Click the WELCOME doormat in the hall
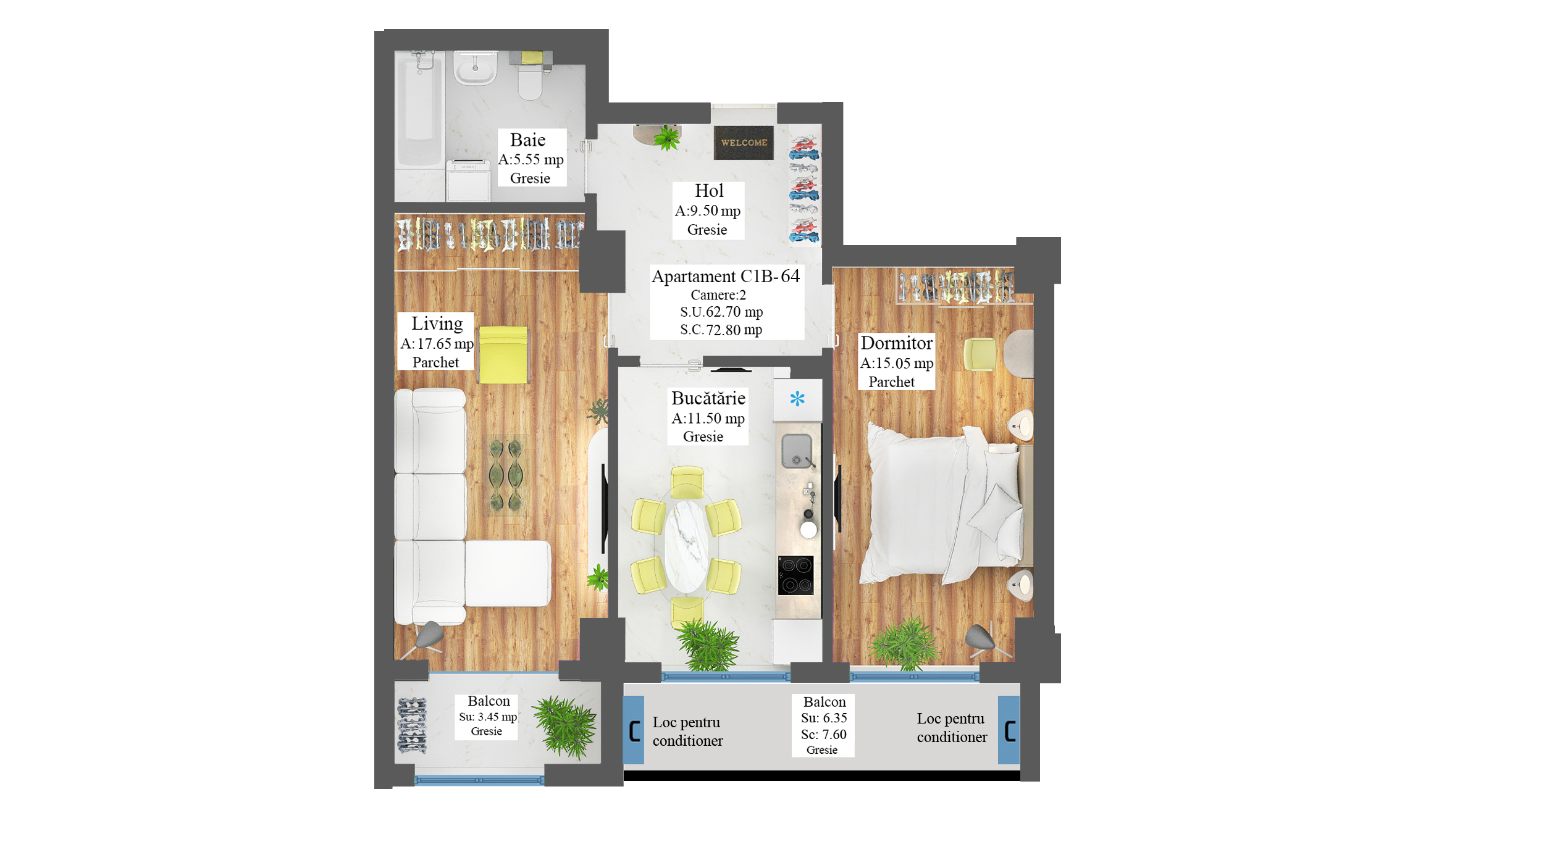pos(744,143)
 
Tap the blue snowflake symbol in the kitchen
pos(797,399)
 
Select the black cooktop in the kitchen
pos(795,575)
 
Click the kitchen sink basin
pos(797,451)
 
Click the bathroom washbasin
pos(475,67)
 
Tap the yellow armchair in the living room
pos(504,355)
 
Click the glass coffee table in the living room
pos(506,475)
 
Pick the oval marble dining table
pos(686,546)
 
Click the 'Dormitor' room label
pos(896,343)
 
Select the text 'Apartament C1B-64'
pos(726,276)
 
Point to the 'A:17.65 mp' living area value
pos(437,343)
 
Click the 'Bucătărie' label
pos(708,398)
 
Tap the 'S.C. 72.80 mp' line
pos(721,330)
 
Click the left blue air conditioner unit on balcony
pos(634,730)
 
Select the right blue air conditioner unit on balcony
pos(1009,730)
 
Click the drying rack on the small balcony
pos(412,725)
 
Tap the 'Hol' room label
pos(708,191)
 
